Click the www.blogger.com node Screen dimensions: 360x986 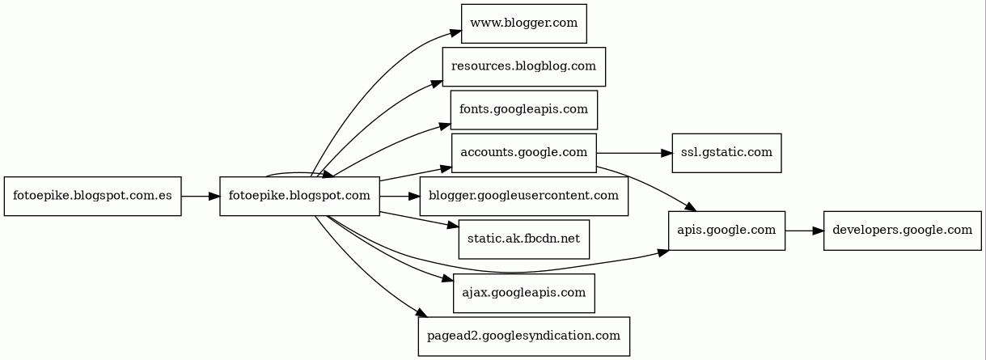point(523,23)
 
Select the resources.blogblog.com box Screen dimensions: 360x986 point(523,66)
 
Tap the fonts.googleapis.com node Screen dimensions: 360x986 point(523,110)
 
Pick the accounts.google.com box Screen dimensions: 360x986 point(523,153)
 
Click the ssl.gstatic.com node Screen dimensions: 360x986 point(726,153)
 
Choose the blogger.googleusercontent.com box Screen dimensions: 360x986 point(523,197)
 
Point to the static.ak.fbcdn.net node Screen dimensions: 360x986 point(523,239)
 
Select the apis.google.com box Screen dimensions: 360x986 point(726,231)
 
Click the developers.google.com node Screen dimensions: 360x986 point(902,231)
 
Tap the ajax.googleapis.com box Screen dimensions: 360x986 point(523,293)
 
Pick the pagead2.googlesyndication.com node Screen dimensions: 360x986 point(523,336)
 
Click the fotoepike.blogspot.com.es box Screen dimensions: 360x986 point(92,197)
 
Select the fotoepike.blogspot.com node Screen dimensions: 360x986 point(299,197)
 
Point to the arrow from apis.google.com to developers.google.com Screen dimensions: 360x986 point(804,231)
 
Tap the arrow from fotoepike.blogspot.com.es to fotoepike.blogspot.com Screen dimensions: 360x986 point(200,197)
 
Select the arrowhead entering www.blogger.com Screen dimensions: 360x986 point(456,34)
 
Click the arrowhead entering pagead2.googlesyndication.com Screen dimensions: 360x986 point(419,314)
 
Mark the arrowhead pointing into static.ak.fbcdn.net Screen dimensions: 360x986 point(453,226)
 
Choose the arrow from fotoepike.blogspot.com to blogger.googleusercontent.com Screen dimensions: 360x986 point(400,197)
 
